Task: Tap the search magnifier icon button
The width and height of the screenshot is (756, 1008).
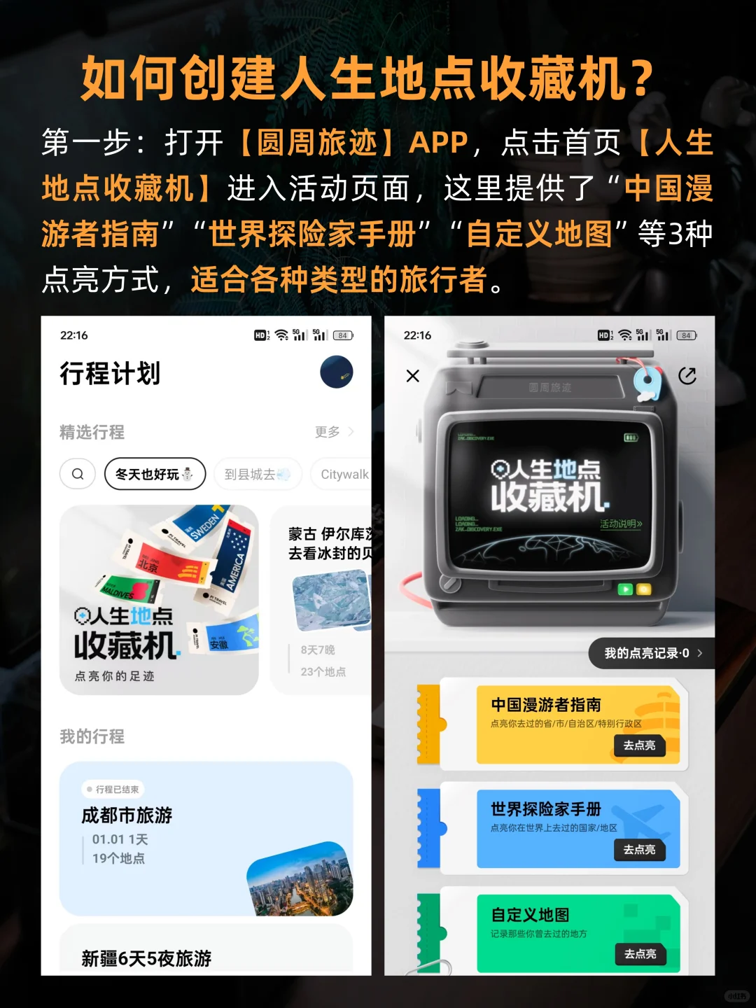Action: point(78,474)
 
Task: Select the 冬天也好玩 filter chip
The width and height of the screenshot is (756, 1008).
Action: point(155,474)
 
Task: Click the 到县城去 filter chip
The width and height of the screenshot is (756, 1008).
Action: point(257,474)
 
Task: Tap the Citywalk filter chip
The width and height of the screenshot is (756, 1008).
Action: point(344,474)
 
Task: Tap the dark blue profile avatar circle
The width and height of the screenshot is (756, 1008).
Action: point(337,372)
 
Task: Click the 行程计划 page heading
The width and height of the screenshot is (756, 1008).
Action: point(110,373)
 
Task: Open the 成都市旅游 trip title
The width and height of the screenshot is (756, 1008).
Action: point(127,815)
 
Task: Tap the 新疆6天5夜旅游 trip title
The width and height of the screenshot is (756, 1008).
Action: point(146,958)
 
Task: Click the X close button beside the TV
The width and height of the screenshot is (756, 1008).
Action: point(413,376)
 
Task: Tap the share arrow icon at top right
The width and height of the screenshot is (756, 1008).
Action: point(687,376)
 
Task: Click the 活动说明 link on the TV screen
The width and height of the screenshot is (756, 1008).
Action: point(620,524)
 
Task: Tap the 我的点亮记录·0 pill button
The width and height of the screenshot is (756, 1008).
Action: point(651,653)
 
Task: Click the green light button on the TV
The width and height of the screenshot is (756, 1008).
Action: point(625,589)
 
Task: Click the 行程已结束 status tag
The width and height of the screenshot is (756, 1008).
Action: point(113,789)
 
